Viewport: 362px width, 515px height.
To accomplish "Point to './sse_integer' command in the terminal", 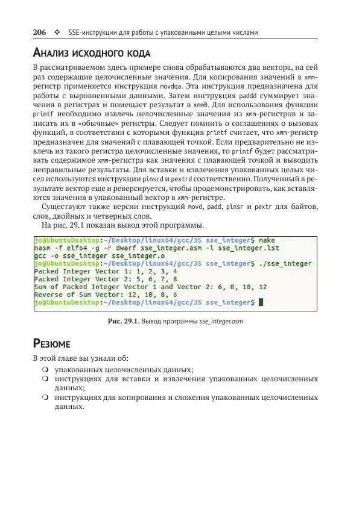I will coord(287,263).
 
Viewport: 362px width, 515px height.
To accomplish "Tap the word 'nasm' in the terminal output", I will coord(42,248).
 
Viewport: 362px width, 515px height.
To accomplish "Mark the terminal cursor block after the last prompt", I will coord(261,302).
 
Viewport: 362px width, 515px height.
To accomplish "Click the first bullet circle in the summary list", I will coord(45,369).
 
